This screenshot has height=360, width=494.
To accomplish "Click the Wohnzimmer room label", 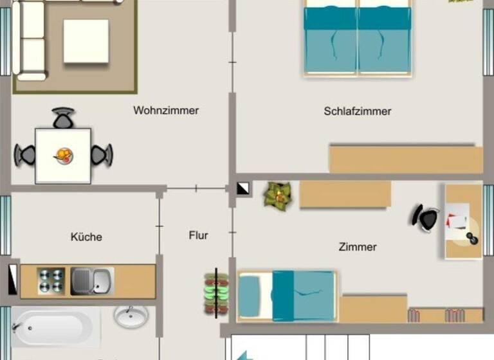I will (166, 111).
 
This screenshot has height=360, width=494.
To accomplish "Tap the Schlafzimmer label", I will (358, 111).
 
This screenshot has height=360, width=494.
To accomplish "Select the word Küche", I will (86, 237).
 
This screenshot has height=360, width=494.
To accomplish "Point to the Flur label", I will (199, 235).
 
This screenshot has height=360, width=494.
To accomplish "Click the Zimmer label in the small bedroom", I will (358, 246).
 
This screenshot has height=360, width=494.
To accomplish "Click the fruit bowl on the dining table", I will (64, 155).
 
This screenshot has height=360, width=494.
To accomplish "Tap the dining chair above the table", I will (63, 118).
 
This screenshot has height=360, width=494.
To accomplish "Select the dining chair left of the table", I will (25, 155).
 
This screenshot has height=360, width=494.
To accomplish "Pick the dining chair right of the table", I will (102, 154).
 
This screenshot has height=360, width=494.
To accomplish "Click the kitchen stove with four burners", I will (51, 281).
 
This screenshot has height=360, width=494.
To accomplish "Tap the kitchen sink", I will (91, 281).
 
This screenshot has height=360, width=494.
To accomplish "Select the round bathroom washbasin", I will (131, 316).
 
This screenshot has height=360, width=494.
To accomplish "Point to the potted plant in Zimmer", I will (278, 194).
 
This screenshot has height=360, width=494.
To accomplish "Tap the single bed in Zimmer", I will (287, 295).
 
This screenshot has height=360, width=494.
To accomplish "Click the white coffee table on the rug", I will (86, 41).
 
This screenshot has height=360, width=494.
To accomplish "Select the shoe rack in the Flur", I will (216, 294).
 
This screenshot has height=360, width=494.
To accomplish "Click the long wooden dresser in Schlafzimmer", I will (406, 159).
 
